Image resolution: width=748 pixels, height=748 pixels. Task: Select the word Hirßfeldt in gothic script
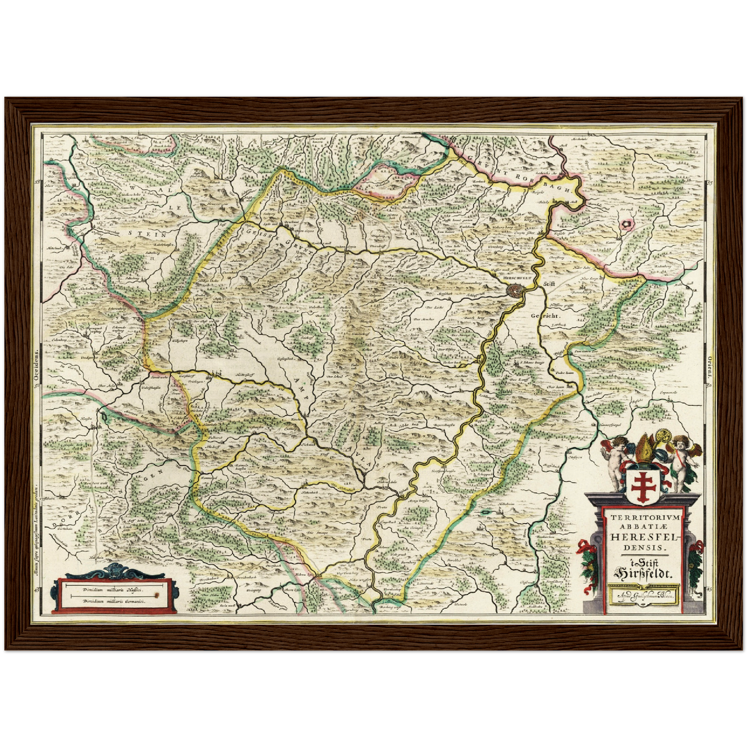642,573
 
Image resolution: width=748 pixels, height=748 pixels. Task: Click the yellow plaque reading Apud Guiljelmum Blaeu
643,595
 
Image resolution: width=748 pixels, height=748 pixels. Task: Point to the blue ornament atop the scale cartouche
113,570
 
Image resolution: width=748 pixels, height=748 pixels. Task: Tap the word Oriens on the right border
711,362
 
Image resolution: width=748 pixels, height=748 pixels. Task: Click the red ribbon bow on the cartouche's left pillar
585,547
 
